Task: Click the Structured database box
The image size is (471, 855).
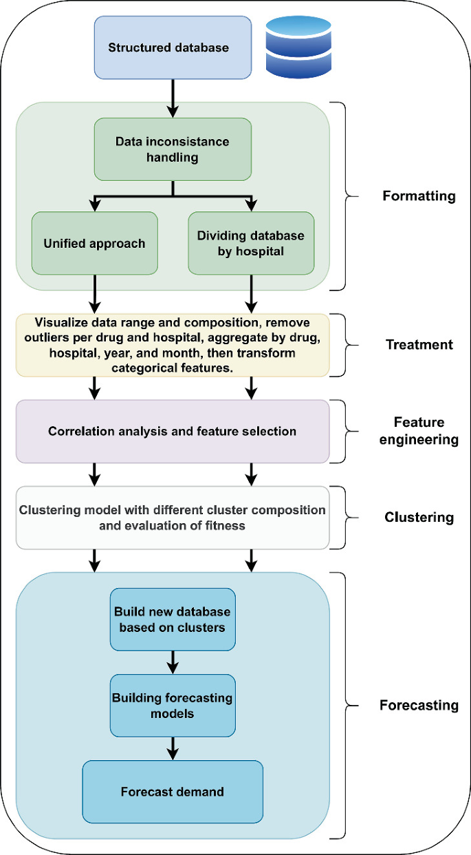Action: [x=168, y=47]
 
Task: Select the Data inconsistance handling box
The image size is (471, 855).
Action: [x=173, y=149]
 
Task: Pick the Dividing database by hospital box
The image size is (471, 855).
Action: [x=251, y=243]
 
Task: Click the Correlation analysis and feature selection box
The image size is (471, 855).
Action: [x=173, y=432]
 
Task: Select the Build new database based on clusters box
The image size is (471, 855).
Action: [x=173, y=620]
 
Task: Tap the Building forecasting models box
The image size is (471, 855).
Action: [x=173, y=706]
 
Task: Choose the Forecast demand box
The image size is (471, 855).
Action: [x=173, y=792]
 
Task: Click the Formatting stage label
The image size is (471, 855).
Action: [x=419, y=196]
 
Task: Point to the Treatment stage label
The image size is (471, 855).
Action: [x=418, y=344]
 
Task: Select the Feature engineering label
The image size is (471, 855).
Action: [x=419, y=431]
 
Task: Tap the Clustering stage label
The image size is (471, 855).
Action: [x=418, y=517]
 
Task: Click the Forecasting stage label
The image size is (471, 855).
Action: [x=419, y=706]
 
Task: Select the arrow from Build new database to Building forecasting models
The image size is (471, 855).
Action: [x=173, y=663]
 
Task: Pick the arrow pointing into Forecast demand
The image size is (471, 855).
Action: [x=173, y=748]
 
